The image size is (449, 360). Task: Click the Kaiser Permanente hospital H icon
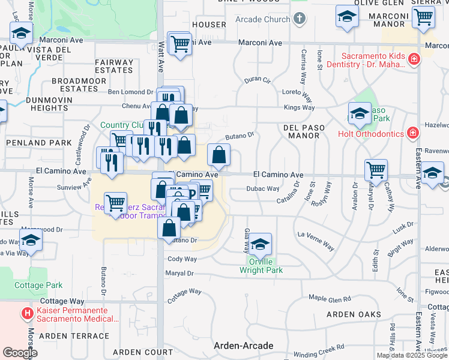click(x=27, y=313)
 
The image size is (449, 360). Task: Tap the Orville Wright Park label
click(x=261, y=266)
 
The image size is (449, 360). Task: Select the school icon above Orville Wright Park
click(x=261, y=244)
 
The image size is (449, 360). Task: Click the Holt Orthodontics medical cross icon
click(x=412, y=133)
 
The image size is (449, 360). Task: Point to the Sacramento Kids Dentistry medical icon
click(x=413, y=59)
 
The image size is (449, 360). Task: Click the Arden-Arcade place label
click(x=244, y=346)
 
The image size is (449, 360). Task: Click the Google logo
click(x=20, y=353)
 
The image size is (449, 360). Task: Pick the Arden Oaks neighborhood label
click(x=354, y=314)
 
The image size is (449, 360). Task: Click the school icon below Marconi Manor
click(x=432, y=173)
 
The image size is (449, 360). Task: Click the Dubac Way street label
click(x=263, y=189)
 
